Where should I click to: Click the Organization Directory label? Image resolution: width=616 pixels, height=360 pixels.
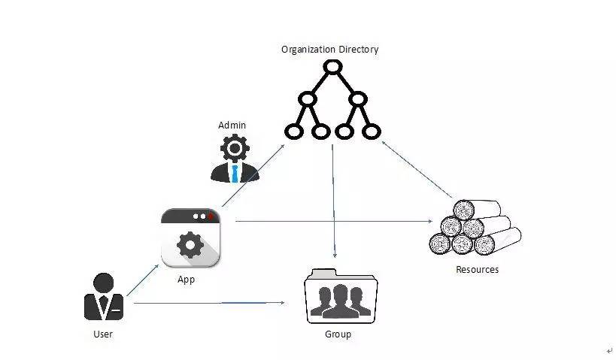(329, 50)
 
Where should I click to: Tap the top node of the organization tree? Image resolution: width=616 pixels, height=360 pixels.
(332, 67)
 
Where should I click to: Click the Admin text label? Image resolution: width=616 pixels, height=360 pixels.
(232, 125)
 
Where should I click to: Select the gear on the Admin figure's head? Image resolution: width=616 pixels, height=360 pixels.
(235, 148)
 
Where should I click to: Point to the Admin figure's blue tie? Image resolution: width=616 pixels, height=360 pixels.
(235, 174)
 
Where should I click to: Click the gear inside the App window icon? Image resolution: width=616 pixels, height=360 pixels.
(190, 245)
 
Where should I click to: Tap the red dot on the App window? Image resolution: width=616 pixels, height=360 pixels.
(211, 216)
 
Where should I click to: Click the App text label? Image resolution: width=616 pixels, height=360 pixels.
(187, 279)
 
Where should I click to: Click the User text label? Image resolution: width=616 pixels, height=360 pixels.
(102, 334)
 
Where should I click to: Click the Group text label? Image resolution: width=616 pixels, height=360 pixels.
(338, 334)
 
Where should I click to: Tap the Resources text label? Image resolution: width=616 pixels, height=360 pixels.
(477, 269)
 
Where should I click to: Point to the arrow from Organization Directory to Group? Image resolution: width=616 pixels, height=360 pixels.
(333, 203)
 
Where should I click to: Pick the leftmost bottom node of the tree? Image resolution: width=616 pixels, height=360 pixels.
(294, 132)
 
